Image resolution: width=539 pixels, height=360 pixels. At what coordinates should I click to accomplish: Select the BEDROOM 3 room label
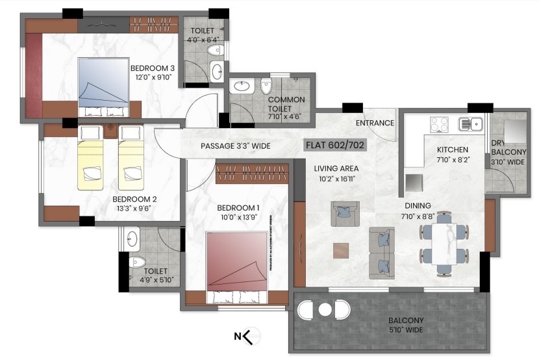coord(153,68)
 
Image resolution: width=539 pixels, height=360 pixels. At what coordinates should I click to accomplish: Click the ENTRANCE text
coord(375,123)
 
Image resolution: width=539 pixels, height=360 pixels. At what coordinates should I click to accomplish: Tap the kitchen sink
coord(469,123)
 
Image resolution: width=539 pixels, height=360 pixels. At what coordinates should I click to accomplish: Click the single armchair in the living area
coord(345,213)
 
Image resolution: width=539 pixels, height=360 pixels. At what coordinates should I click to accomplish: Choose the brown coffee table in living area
coord(340,250)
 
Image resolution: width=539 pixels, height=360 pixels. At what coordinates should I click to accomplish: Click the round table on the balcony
coord(325,310)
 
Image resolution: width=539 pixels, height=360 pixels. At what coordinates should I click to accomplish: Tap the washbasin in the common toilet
coord(242,86)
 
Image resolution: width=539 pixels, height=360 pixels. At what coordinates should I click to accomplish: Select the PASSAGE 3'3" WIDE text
coord(235,146)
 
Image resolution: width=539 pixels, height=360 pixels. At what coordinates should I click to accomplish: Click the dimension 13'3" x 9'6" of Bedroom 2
coord(134,210)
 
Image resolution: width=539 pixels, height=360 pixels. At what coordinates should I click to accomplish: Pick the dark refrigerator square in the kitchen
coord(413,182)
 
